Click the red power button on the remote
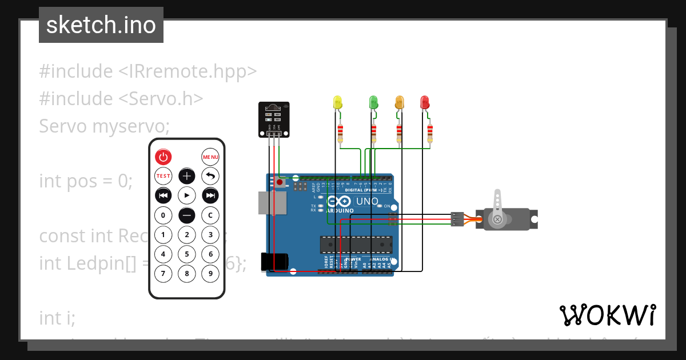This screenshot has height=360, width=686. click(x=163, y=157)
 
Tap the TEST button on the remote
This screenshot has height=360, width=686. click(x=163, y=176)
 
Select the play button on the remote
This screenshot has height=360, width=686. click(x=187, y=195)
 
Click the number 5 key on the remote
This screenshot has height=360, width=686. click(x=187, y=254)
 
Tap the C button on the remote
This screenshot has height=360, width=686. click(x=210, y=215)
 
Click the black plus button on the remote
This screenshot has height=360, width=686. click(x=187, y=176)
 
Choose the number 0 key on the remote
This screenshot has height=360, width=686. click(x=163, y=215)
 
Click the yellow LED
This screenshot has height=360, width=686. click(x=337, y=103)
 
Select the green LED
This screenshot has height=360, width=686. click(x=373, y=103)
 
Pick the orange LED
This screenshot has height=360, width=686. click(x=399, y=103)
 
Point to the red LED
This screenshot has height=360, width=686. click(x=425, y=103)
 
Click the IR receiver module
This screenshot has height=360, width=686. click(x=274, y=118)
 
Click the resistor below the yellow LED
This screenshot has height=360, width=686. click(x=340, y=133)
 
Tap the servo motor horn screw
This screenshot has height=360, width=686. click(x=497, y=219)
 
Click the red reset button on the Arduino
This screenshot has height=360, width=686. click(x=280, y=183)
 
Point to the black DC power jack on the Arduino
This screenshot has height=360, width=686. click(x=273, y=262)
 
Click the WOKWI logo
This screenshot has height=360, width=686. click(x=607, y=315)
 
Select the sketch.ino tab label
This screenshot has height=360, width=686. click(x=101, y=25)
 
